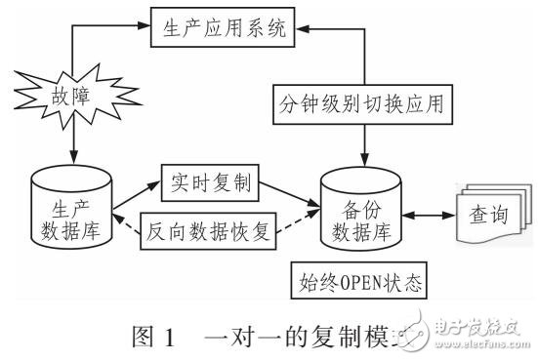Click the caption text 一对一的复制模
click(x=283, y=337)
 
